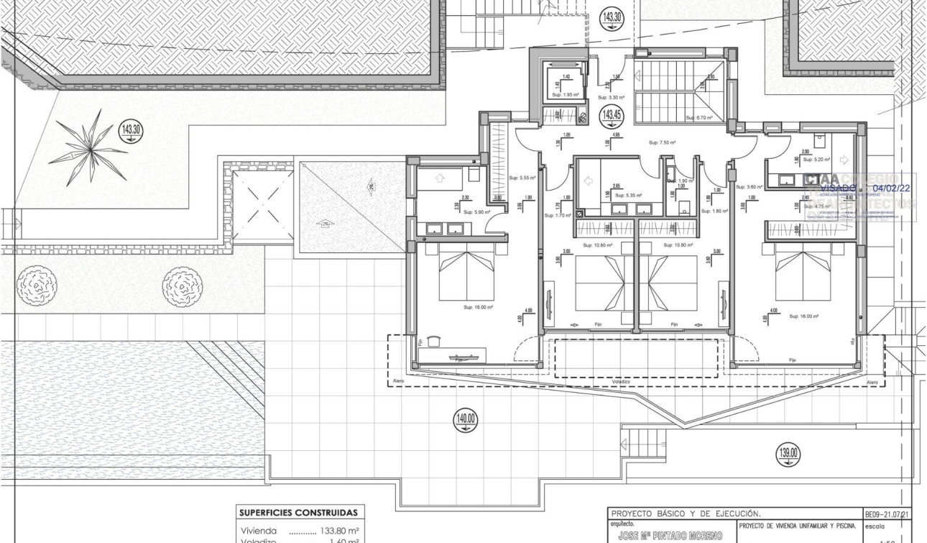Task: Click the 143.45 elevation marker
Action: pyautogui.click(x=612, y=115)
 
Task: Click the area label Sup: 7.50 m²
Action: pyautogui.click(x=663, y=142)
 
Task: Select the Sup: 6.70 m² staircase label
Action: pyautogui.click(x=698, y=118)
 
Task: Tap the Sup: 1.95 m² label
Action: pyautogui.click(x=566, y=94)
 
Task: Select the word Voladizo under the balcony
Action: pyautogui.click(x=621, y=381)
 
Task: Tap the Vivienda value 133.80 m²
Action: pyautogui.click(x=333, y=531)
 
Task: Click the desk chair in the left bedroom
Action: pyautogui.click(x=433, y=341)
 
